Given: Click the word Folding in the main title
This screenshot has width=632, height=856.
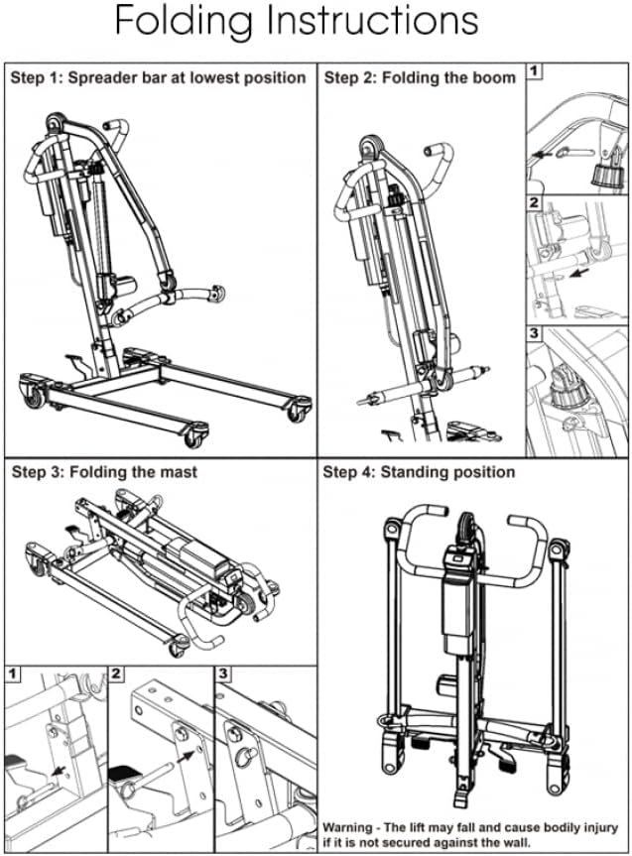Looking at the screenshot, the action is [184, 22].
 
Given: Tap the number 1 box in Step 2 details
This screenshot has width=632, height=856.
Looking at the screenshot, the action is [534, 71].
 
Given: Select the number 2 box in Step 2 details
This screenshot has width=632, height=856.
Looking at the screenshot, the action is [534, 203].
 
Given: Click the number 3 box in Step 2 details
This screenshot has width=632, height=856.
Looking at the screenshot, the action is [534, 333].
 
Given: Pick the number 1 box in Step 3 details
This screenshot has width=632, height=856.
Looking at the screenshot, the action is [12, 673].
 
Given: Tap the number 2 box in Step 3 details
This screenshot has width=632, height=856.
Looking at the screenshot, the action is [116, 673].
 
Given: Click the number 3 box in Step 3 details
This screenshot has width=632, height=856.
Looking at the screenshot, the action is [223, 673].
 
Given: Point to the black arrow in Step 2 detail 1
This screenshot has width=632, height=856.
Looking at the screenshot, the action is [542, 155].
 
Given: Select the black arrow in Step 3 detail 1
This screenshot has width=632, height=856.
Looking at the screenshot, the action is [58, 771].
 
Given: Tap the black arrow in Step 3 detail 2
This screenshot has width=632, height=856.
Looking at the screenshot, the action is [188, 756].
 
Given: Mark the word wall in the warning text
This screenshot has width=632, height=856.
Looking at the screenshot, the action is [516, 842].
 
